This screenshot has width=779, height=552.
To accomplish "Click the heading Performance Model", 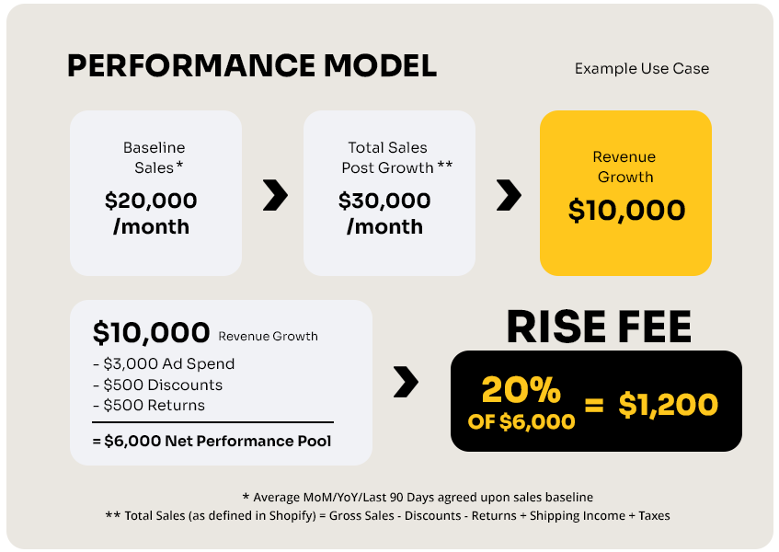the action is click(252, 65).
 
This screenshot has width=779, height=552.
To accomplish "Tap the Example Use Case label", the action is click(641, 68).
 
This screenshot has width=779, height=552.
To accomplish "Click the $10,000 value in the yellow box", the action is click(626, 210).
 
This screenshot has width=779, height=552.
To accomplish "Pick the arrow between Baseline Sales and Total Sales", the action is click(275, 195).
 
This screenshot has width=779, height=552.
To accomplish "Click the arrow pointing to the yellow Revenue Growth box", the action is click(509, 195).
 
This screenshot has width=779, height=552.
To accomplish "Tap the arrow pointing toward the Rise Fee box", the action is click(406, 382).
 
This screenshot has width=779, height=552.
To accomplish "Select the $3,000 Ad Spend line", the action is click(164, 363).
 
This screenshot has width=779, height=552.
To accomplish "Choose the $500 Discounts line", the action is click(157, 385).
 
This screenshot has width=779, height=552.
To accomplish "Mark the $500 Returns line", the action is click(149, 406).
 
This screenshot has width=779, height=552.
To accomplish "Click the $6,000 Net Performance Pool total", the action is click(212, 442).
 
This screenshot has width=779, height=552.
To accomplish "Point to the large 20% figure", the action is click(521, 390).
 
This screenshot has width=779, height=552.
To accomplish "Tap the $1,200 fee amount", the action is click(669, 405).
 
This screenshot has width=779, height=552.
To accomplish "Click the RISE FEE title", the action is click(599, 327).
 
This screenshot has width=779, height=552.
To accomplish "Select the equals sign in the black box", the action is click(594, 405).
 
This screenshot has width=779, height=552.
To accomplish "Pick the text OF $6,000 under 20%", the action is click(521, 422).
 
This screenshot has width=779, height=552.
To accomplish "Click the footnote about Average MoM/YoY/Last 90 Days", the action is click(418, 498).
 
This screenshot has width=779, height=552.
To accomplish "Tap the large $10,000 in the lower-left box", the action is click(151, 332).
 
